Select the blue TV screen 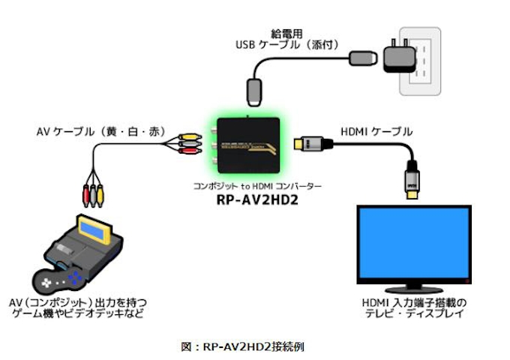(414, 239)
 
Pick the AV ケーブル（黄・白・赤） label (100, 131)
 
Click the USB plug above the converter (253, 92)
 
